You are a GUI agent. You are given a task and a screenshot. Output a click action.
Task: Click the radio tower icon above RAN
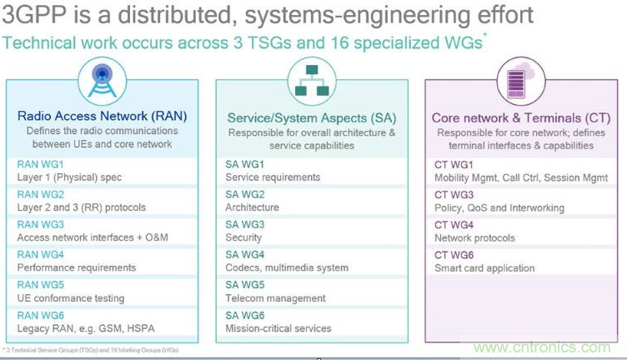pos(101,82)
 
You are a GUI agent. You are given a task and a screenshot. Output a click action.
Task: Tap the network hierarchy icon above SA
pos(311,81)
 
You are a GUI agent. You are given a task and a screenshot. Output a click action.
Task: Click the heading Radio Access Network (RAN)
pos(101,117)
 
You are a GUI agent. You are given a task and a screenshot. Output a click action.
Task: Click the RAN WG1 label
pos(40,164)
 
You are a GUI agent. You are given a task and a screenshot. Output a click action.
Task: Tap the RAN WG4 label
pos(40,254)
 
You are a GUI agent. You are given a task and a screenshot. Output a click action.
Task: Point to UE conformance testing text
pos(70,297)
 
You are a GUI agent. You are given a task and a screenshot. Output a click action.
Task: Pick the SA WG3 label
pos(246,224)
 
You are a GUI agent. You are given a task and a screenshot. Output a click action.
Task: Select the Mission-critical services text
pos(278,327)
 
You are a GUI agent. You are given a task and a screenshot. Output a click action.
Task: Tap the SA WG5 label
pos(246,284)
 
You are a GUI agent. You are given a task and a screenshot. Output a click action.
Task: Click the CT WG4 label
pos(455,224)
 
